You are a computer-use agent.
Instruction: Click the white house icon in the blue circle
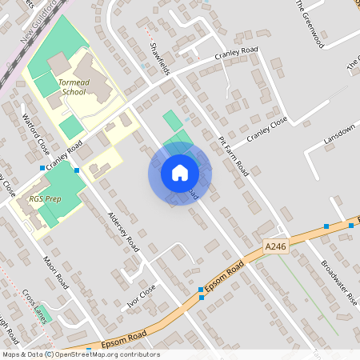[x=179, y=173]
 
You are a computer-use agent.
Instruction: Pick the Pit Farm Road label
[x=234, y=156]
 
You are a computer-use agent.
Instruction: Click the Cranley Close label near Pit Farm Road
[x=266, y=130]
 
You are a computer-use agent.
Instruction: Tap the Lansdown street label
[x=338, y=134]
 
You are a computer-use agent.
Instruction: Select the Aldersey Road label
[x=122, y=233]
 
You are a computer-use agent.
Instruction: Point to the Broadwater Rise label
[x=339, y=282]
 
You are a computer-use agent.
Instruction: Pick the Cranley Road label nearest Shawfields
[x=237, y=58]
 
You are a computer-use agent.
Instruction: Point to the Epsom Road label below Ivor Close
[x=124, y=336]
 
